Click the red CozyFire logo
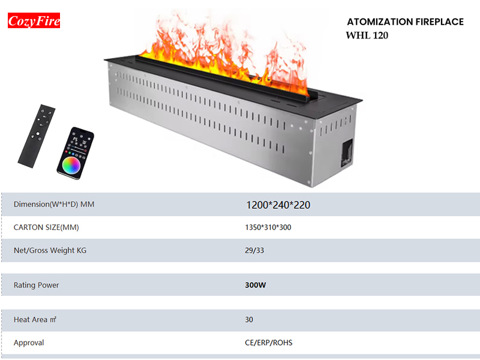[x=34, y=20]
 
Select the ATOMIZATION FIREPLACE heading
[x=406, y=22]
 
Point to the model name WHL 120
[x=367, y=35]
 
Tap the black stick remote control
[x=37, y=136]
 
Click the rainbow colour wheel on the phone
[x=71, y=166]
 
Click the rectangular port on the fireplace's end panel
[x=347, y=153]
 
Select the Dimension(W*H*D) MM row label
[x=54, y=204]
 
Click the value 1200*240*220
[x=278, y=205]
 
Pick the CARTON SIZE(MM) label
[x=46, y=227]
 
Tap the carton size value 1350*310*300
[x=268, y=227]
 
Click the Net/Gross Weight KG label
[x=50, y=250]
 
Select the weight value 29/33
[x=254, y=250]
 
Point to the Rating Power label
[x=36, y=285]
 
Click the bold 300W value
[x=256, y=285]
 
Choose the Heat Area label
[x=35, y=320]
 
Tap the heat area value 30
[x=249, y=320]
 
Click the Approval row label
[x=29, y=343]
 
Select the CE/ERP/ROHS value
[x=268, y=343]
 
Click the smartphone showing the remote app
[x=76, y=153]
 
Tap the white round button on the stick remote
[x=38, y=134]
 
